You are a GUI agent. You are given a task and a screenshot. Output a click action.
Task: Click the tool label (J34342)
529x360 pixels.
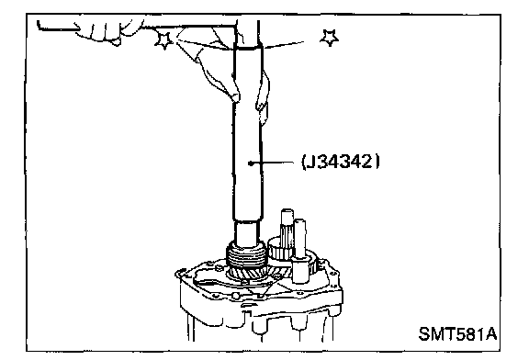click(341, 162)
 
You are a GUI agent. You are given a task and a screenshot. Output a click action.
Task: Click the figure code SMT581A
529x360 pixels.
click(457, 334)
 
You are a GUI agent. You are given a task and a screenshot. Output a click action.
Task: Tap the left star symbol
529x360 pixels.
click(164, 40)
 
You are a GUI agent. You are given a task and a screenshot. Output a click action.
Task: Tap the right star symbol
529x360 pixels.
click(330, 38)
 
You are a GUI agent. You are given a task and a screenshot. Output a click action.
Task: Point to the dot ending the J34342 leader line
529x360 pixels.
click(251, 163)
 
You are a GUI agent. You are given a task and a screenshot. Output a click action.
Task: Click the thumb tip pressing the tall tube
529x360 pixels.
click(235, 97)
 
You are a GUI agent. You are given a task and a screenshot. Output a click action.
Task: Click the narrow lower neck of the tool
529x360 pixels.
click(247, 231)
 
